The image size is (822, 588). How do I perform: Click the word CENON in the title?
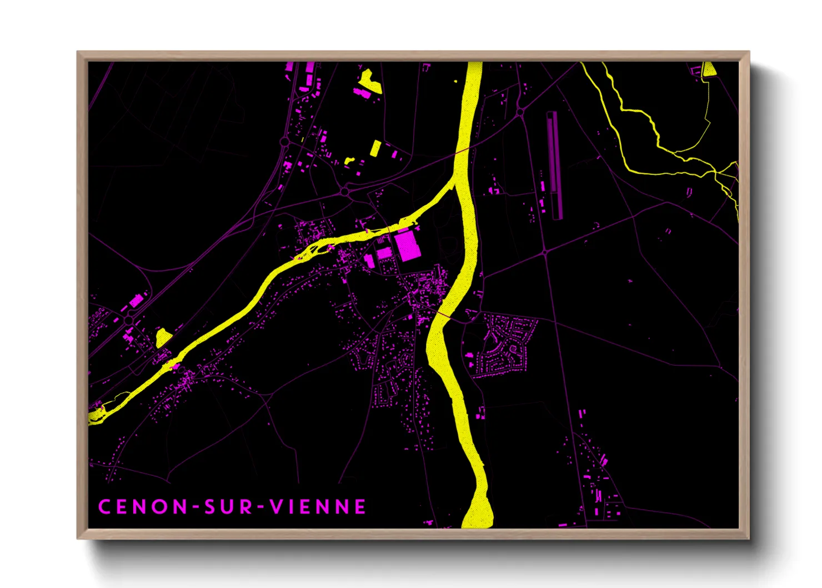click(143, 507)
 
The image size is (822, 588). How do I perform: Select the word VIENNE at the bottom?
click(318, 507)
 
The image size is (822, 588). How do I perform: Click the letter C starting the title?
click(104, 507)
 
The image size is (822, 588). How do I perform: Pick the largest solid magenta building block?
click(407, 246)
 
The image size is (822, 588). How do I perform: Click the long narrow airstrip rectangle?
click(553, 165)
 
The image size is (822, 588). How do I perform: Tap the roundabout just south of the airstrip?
click(545, 252)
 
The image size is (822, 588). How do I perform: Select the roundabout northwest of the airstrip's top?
click(520, 112)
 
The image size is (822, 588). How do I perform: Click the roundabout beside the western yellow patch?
click(129, 321)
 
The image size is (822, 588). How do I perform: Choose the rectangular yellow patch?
click(376, 148)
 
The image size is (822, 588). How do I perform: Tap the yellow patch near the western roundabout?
click(162, 337)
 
